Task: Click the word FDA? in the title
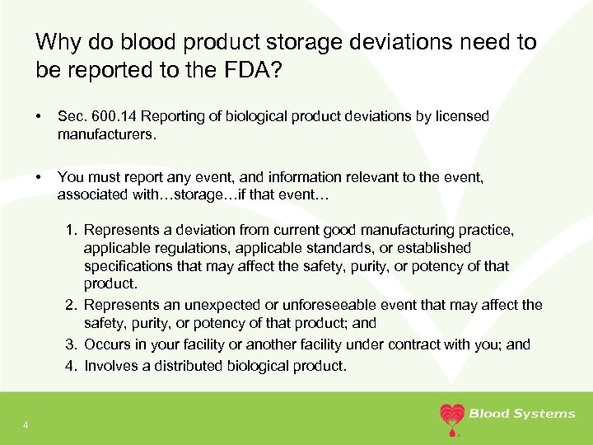click(x=253, y=69)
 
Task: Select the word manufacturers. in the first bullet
click(x=107, y=134)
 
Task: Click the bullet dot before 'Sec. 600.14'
click(x=38, y=116)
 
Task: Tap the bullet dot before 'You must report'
click(x=38, y=177)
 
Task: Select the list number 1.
click(x=71, y=230)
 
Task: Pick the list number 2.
click(x=71, y=305)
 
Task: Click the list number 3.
click(x=71, y=344)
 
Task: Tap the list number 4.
click(x=71, y=366)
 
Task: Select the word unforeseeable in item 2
click(x=329, y=305)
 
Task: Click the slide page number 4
click(x=26, y=425)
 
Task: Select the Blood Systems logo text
click(x=522, y=414)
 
